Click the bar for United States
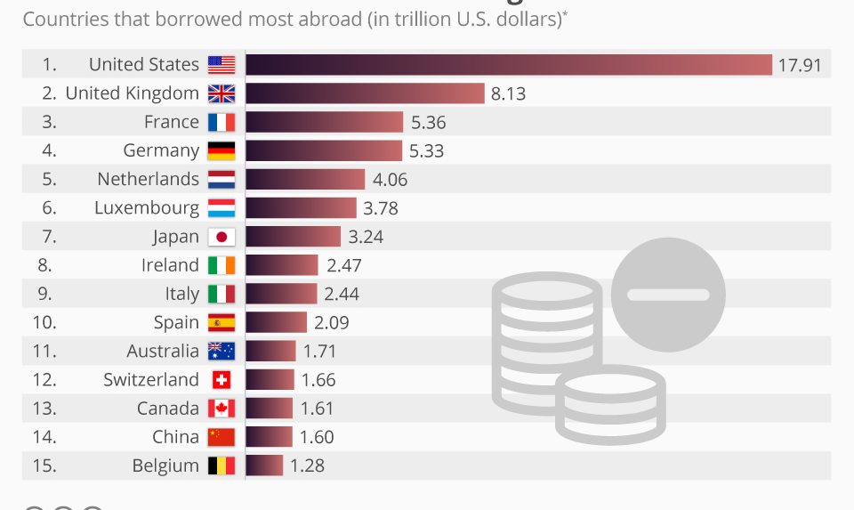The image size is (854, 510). (x=508, y=65)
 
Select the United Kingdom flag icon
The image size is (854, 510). (x=221, y=93)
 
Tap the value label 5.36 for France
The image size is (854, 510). (x=429, y=122)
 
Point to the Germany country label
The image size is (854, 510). (x=161, y=150)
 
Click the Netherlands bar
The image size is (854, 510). (x=305, y=179)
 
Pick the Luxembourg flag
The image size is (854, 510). (x=221, y=208)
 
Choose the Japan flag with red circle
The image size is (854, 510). (x=221, y=237)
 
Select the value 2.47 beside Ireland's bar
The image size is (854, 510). (x=344, y=265)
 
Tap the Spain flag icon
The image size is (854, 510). (x=221, y=322)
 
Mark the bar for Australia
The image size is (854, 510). (x=270, y=351)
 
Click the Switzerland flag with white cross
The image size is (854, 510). (x=221, y=380)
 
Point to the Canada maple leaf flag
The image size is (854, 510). (x=221, y=409)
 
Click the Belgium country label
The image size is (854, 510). (x=165, y=465)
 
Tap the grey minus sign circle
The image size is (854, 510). (x=668, y=295)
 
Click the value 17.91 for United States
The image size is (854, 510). (x=799, y=65)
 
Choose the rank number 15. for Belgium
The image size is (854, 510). (x=44, y=465)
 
